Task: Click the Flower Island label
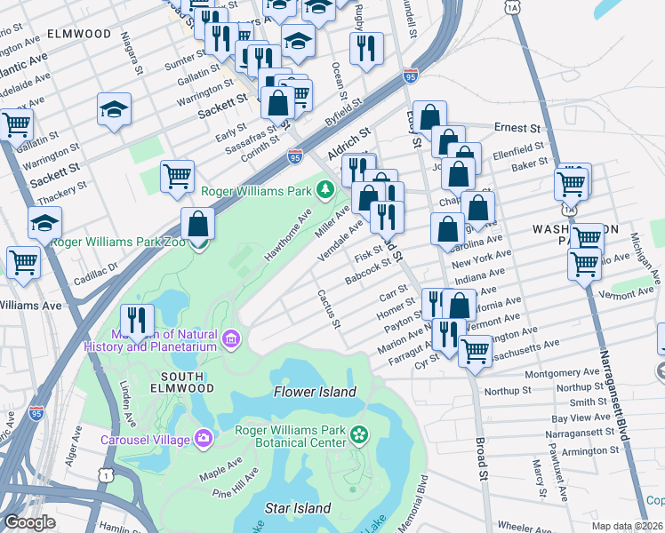pyautogui.click(x=315, y=392)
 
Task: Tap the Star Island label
pyautogui.click(x=298, y=508)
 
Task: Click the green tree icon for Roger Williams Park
pyautogui.click(x=325, y=190)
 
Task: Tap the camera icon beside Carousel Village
pyautogui.click(x=204, y=439)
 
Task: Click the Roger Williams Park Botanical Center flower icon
pyautogui.click(x=359, y=434)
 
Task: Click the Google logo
pyautogui.click(x=29, y=522)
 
